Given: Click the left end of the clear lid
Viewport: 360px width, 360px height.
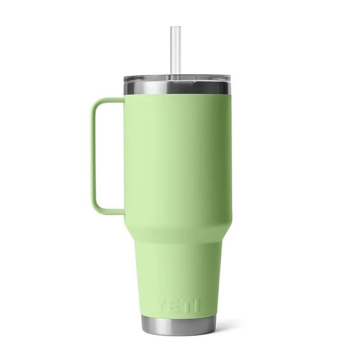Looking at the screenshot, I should pyautogui.click(x=126, y=81).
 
